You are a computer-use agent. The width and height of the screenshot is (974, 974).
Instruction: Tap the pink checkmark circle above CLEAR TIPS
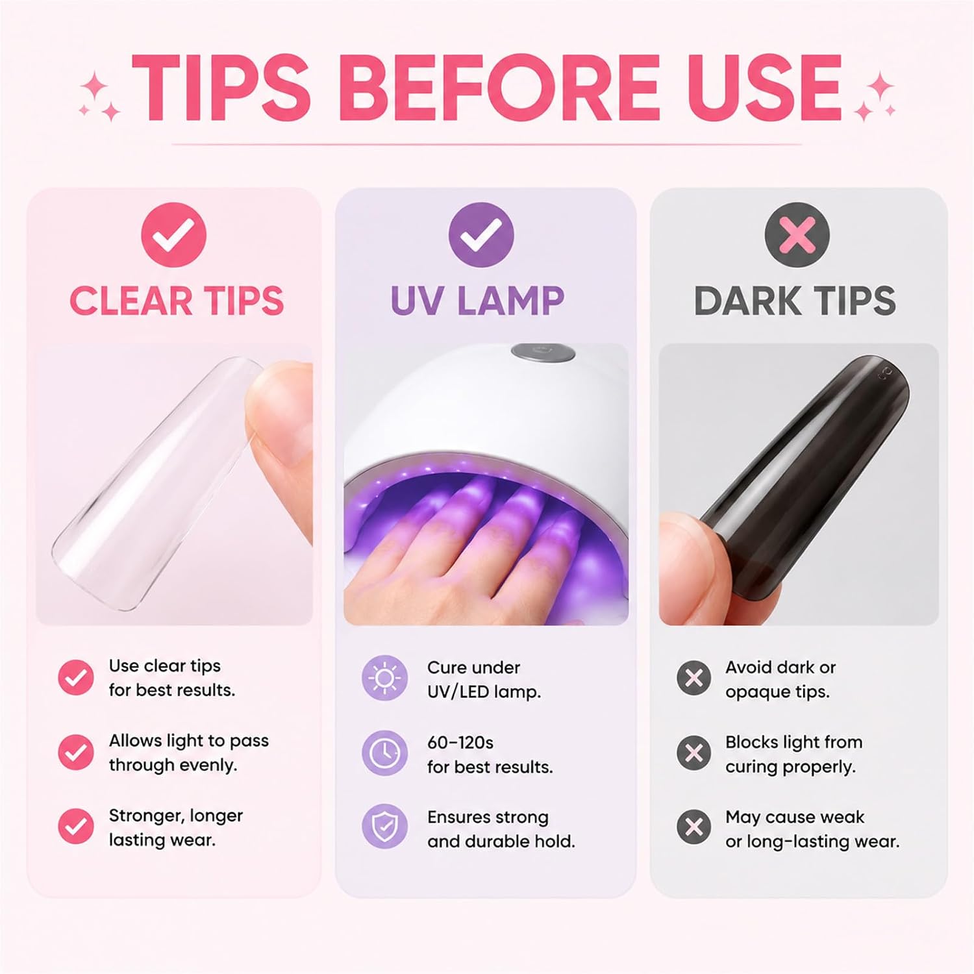pyautogui.click(x=173, y=234)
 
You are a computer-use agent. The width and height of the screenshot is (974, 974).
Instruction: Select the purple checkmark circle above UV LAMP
pyautogui.click(x=481, y=234)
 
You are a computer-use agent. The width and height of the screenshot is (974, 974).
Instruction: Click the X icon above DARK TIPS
pyautogui.click(x=797, y=234)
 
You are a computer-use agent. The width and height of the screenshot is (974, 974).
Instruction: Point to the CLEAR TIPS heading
pyautogui.click(x=177, y=301)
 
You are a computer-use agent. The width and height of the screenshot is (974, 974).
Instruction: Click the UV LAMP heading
pyautogui.click(x=477, y=301)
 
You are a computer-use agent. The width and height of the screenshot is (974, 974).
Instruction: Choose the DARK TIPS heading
pyautogui.click(x=795, y=301)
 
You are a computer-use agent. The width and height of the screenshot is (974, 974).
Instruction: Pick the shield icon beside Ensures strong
pyautogui.click(x=385, y=827)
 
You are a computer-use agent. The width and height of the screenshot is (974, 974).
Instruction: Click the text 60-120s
pyautogui.click(x=460, y=742)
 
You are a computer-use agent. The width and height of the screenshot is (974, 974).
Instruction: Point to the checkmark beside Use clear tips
pyautogui.click(x=76, y=678)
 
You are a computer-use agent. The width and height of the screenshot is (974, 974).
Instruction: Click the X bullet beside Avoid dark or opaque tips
pyautogui.click(x=694, y=678)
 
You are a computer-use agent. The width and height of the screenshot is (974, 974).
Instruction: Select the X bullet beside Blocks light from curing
pyautogui.click(x=694, y=753)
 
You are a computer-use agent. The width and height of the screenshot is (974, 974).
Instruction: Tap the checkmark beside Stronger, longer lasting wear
pyautogui.click(x=76, y=827)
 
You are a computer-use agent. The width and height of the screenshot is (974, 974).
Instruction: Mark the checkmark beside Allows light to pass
pyautogui.click(x=76, y=752)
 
